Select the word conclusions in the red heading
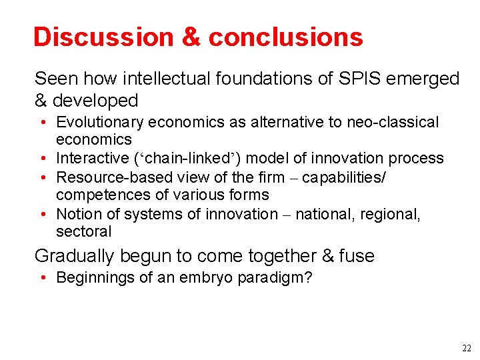(286, 37)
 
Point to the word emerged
(427, 79)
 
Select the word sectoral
(84, 232)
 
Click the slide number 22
(465, 349)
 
